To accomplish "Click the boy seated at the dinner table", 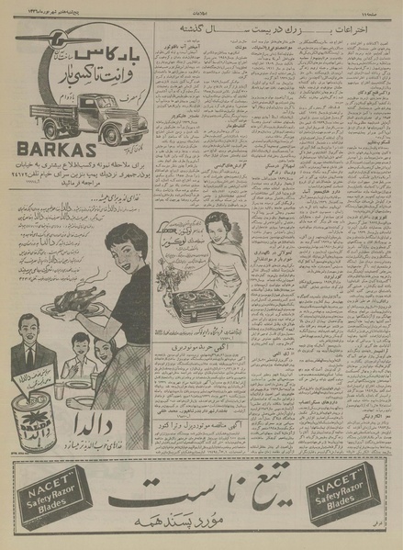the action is tap(82, 353).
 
